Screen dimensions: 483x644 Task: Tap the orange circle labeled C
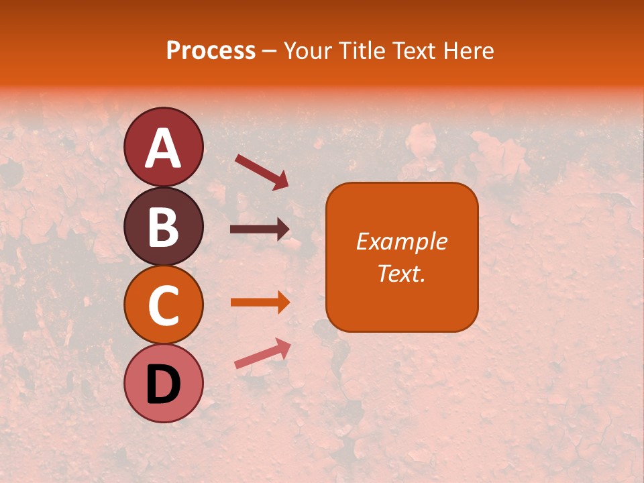[163, 305]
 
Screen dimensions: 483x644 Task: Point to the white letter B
[163, 227]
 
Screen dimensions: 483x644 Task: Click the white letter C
[163, 305]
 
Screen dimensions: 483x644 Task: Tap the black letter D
[163, 385]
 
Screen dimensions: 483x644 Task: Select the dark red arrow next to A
[262, 171]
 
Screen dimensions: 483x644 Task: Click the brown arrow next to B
[260, 229]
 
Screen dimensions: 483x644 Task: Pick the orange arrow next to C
[260, 303]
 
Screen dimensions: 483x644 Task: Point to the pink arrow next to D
[262, 354]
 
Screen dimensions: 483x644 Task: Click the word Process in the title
[211, 50]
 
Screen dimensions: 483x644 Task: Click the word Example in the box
[401, 241]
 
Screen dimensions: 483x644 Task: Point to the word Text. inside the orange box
[401, 273]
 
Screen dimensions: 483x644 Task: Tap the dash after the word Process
[270, 51]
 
